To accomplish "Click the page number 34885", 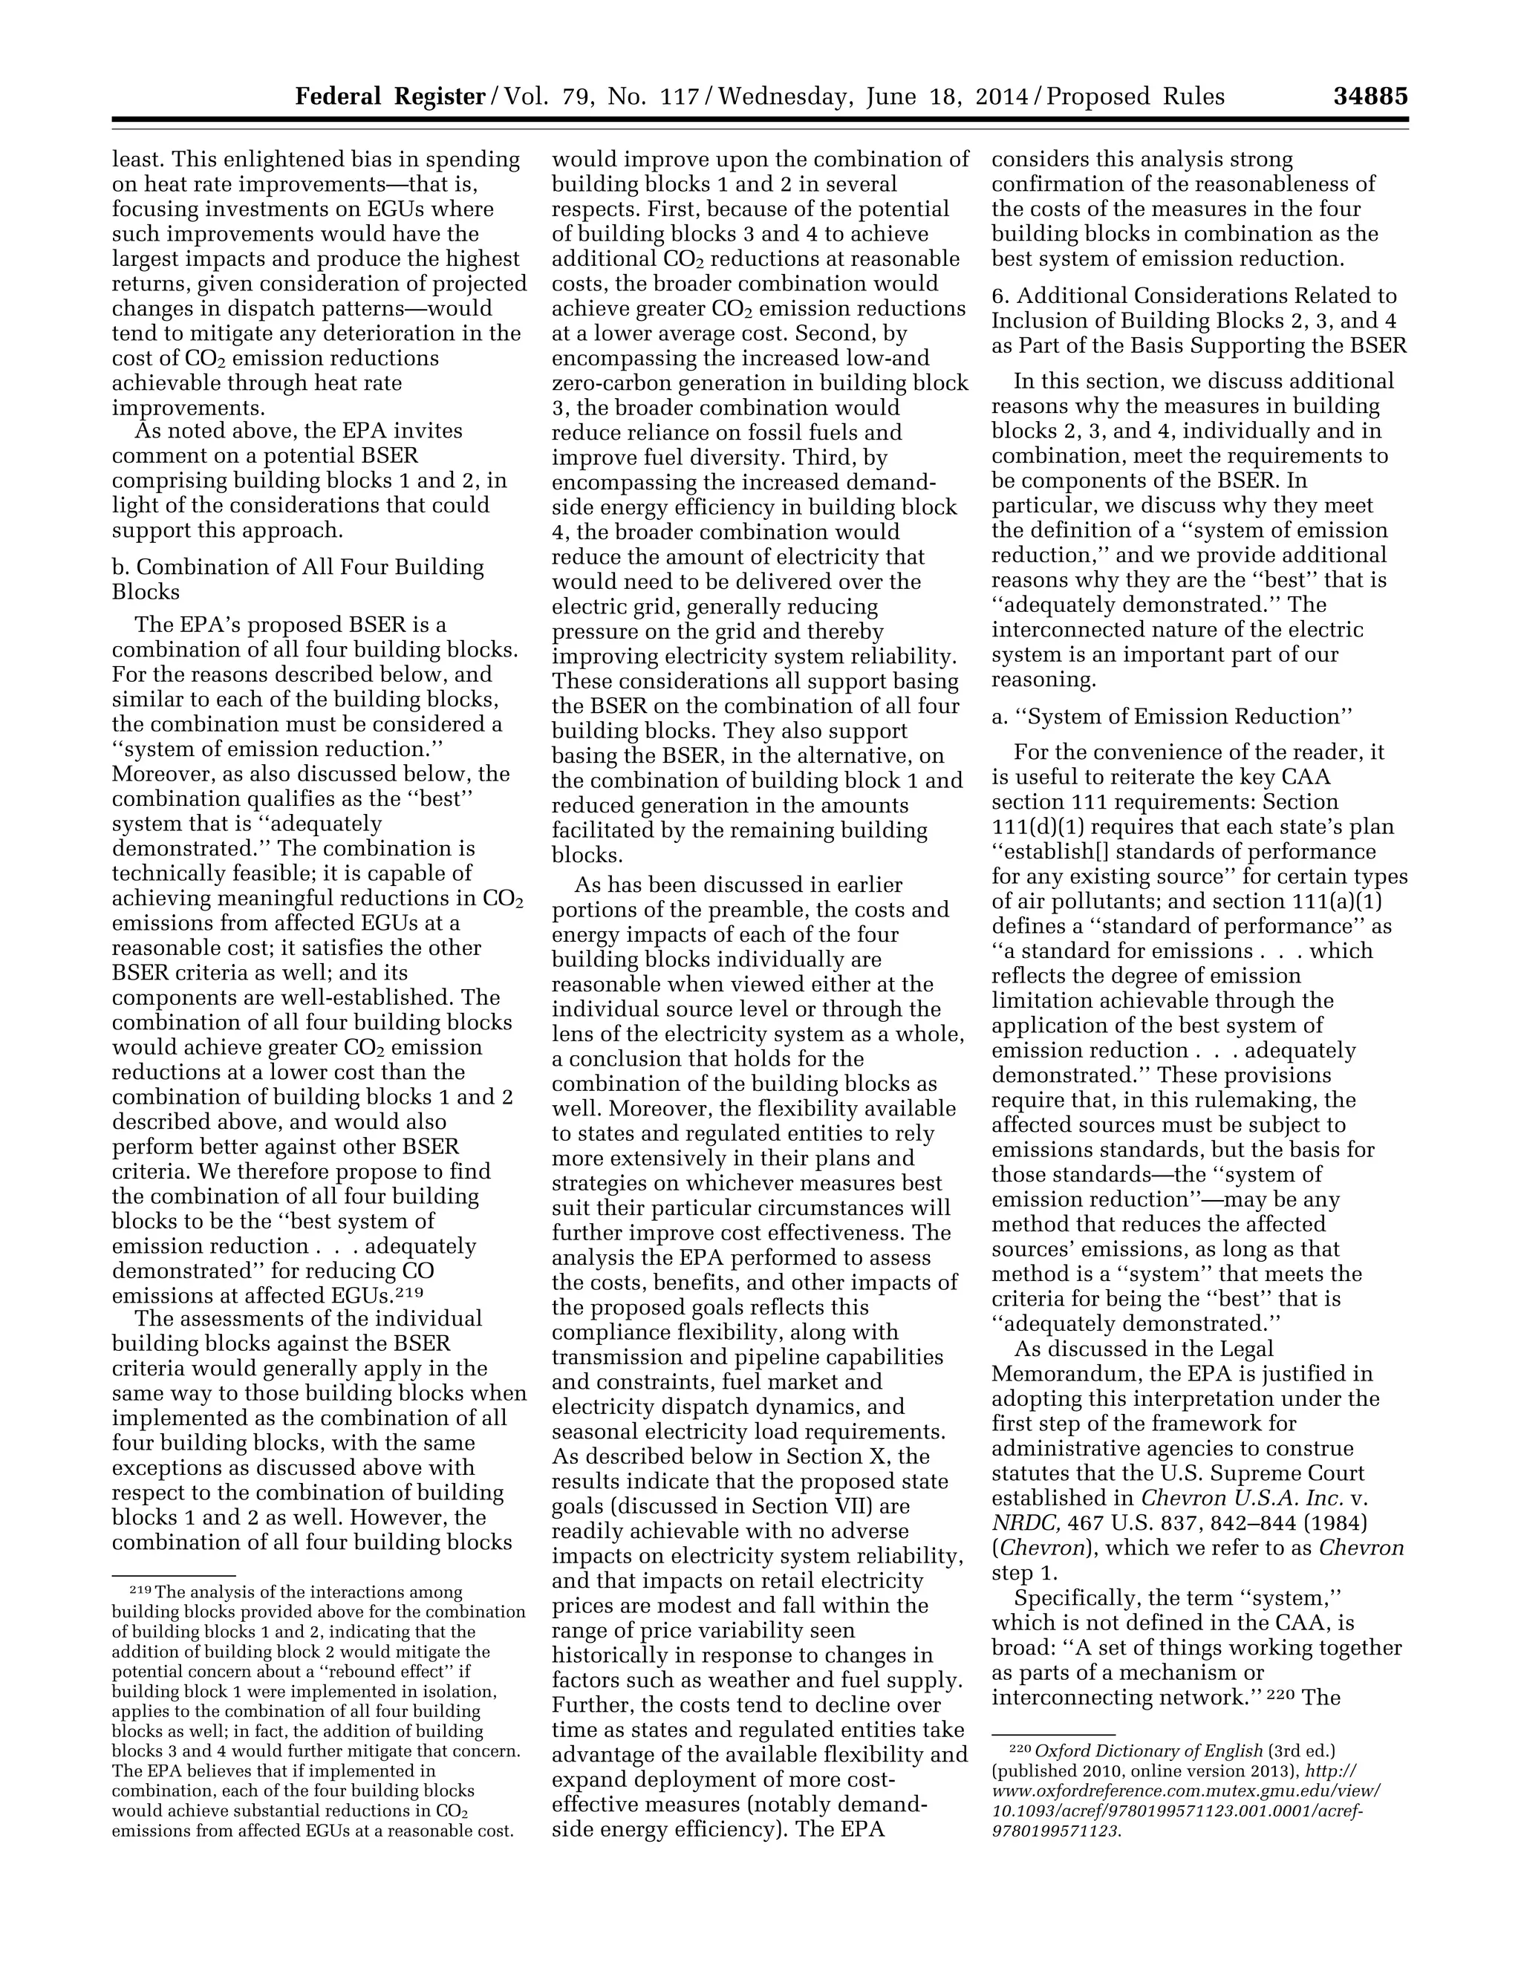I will pyautogui.click(x=1369, y=97).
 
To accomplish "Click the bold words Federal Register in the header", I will pyautogui.click(x=390, y=97).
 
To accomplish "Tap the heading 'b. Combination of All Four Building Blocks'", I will pyautogui.click(x=297, y=579).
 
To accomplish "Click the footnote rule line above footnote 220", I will pyautogui.click(x=1052, y=1733).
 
